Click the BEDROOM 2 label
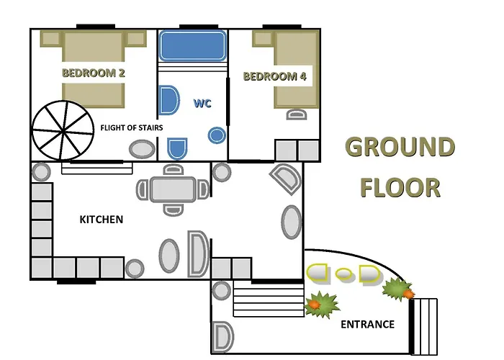click(x=93, y=73)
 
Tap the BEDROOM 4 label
click(x=275, y=76)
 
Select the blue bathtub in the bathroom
click(x=192, y=45)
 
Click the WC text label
click(x=202, y=103)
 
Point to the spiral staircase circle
click(x=63, y=130)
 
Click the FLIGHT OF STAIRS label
click(x=132, y=127)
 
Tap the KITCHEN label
click(x=102, y=220)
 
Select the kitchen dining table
click(x=174, y=189)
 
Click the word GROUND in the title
click(x=400, y=147)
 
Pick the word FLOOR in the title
click(x=400, y=187)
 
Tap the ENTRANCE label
click(x=367, y=324)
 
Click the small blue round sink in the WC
click(x=217, y=135)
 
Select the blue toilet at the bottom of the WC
click(x=177, y=148)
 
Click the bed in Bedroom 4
click(x=296, y=69)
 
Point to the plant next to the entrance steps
click(x=398, y=289)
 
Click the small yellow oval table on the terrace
click(x=344, y=274)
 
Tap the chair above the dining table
click(x=174, y=170)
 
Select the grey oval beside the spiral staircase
click(x=142, y=150)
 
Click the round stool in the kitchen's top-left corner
click(x=41, y=172)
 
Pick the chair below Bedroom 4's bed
click(x=297, y=114)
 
